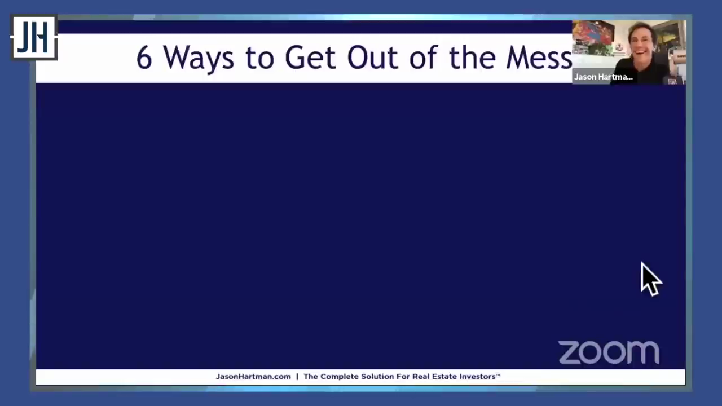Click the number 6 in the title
point(144,58)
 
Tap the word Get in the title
point(310,58)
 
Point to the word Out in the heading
point(373,58)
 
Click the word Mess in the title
point(539,58)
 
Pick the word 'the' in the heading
point(472,58)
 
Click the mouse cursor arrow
point(651,279)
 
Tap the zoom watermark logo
point(609,352)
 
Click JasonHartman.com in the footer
point(253,376)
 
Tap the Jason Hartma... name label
point(604,77)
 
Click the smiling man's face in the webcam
point(641,43)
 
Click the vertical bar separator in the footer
point(297,376)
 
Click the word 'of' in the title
point(424,58)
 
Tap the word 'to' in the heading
point(259,58)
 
